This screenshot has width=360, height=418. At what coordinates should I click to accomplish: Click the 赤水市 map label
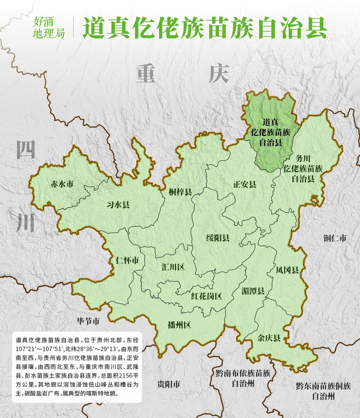[x=62, y=184]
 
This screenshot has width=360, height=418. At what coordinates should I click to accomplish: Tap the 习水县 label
[x=118, y=205]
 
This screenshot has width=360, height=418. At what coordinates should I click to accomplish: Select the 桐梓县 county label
[x=181, y=192]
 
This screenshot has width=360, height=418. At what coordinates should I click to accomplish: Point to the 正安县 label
[x=245, y=184]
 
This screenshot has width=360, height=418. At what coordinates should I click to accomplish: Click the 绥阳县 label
[x=218, y=238]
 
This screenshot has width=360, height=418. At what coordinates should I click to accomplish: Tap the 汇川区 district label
[x=173, y=267]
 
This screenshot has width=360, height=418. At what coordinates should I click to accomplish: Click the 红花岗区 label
[x=206, y=296]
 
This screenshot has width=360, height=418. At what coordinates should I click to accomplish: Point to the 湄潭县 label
[x=252, y=290]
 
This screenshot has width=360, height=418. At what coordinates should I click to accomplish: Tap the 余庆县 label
[x=270, y=338]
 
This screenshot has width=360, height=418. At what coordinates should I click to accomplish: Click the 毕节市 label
[x=88, y=321]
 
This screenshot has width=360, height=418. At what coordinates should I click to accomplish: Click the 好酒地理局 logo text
[x=49, y=27]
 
